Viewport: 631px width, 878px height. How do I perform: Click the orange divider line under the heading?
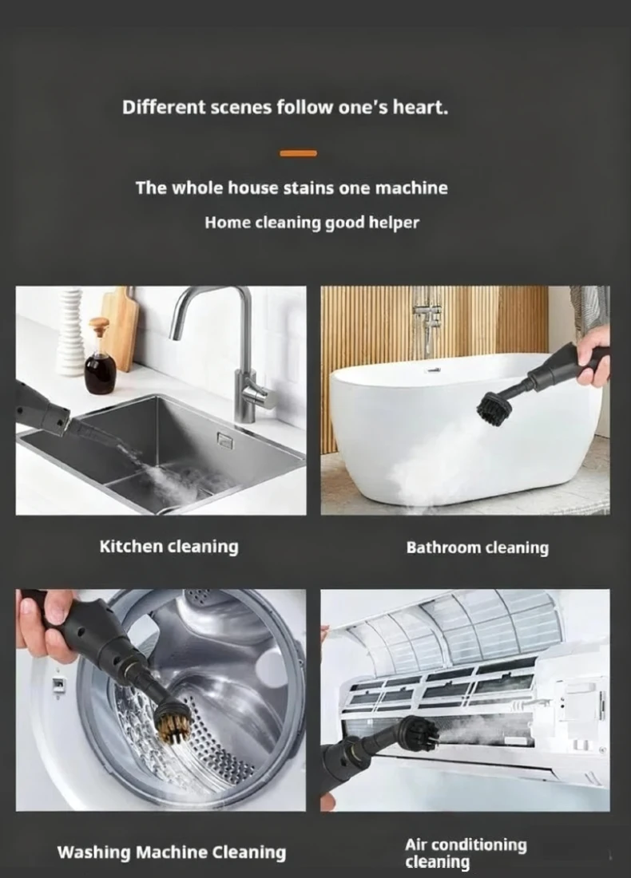click(298, 153)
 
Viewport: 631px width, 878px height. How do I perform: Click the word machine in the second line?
click(411, 188)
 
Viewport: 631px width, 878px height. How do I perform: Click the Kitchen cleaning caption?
click(169, 547)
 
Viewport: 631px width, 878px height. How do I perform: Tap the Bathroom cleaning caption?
click(478, 547)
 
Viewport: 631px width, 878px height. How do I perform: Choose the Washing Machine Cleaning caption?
click(172, 852)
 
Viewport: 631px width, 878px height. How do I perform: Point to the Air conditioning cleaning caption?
click(466, 852)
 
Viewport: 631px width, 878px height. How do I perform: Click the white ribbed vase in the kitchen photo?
click(71, 331)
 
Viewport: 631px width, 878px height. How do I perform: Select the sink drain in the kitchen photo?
click(224, 441)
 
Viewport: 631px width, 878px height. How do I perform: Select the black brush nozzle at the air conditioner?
click(419, 734)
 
